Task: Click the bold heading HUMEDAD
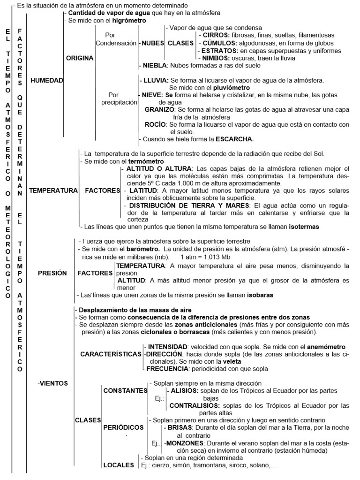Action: tap(46, 80)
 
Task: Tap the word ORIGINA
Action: tap(80, 58)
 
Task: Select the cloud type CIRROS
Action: tap(215, 35)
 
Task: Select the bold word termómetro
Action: tap(140, 161)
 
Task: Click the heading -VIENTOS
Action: tap(52, 383)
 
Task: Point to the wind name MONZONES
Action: tap(183, 443)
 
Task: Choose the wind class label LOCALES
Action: tap(118, 465)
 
